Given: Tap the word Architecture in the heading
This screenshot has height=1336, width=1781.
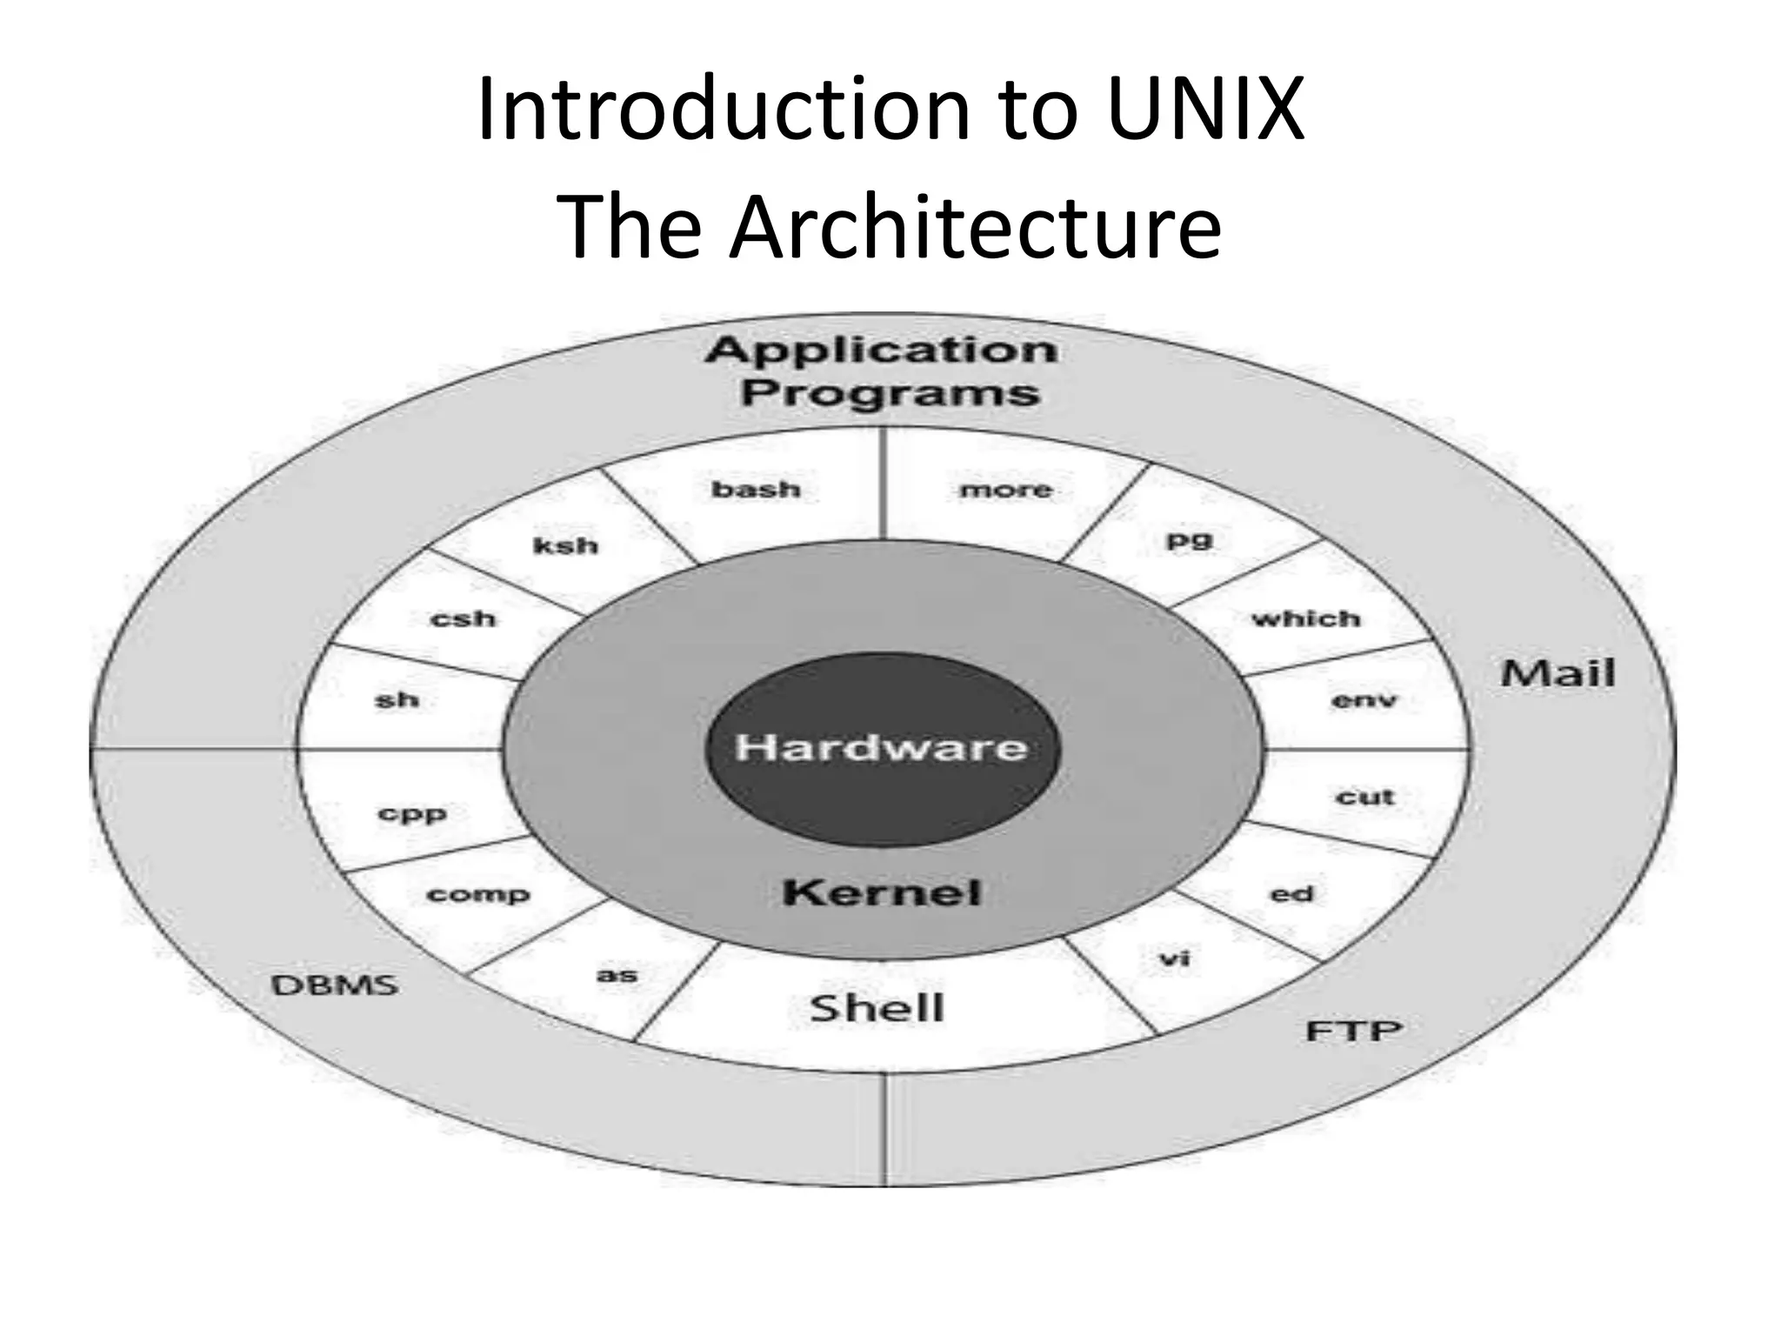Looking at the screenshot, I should click(975, 228).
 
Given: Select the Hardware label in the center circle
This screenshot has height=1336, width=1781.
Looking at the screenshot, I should click(881, 747).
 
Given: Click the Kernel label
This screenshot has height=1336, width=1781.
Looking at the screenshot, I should click(881, 892).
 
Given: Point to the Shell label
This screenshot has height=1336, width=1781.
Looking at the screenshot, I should click(877, 1008).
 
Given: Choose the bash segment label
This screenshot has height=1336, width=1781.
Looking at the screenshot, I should click(756, 490).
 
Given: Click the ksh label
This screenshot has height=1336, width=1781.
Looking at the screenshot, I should click(565, 546).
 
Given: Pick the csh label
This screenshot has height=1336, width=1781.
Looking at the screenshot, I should click(463, 619).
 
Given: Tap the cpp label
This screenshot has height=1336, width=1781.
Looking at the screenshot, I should click(412, 815).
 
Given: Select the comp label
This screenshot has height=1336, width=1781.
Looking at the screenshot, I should click(477, 895).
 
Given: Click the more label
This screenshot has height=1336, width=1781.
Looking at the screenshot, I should click(1005, 491).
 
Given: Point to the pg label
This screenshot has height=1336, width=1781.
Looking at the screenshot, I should click(1188, 541).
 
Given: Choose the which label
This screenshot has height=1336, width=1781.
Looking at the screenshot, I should click(1305, 619).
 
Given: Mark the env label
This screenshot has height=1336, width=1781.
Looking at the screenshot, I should click(1364, 700).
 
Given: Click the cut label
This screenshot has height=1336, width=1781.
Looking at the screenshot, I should click(1364, 797).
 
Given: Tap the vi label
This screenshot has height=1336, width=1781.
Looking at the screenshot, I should click(1174, 959).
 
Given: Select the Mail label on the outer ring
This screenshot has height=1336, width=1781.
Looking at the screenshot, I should click(1558, 673).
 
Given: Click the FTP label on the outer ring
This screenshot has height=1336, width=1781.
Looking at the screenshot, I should click(1354, 1032).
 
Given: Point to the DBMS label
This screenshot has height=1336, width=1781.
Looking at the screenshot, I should click(335, 985).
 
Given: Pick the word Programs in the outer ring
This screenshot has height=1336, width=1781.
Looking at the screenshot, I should click(890, 392).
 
